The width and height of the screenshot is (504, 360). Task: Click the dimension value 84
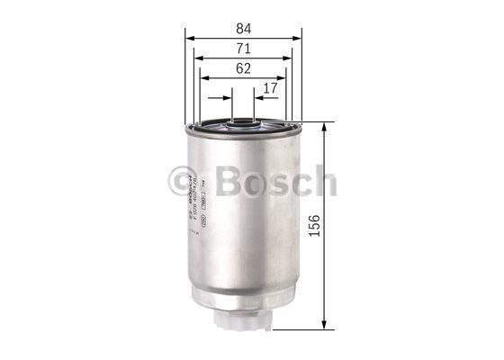click(243, 27)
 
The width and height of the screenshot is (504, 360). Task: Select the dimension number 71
click(243, 49)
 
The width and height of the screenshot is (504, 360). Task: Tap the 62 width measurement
click(243, 68)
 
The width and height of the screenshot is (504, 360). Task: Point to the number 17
click(270, 88)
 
